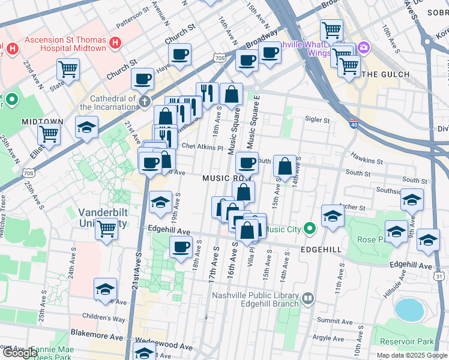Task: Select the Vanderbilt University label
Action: tap(102, 218)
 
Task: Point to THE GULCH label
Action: tap(386, 74)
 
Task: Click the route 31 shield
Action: tap(439, 277)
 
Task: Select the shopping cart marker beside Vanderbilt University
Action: tap(106, 228)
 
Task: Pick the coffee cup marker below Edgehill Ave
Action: tap(181, 246)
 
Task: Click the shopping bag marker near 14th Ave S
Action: tap(286, 166)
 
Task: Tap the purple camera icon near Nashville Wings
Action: tap(363, 47)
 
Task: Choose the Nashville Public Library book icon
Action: tap(308, 298)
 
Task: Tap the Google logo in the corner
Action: tap(20, 353)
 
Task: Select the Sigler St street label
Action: tap(318, 120)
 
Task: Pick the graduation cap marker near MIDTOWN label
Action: tap(87, 128)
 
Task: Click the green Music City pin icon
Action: tap(310, 229)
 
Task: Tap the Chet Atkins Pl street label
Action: tap(202, 146)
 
